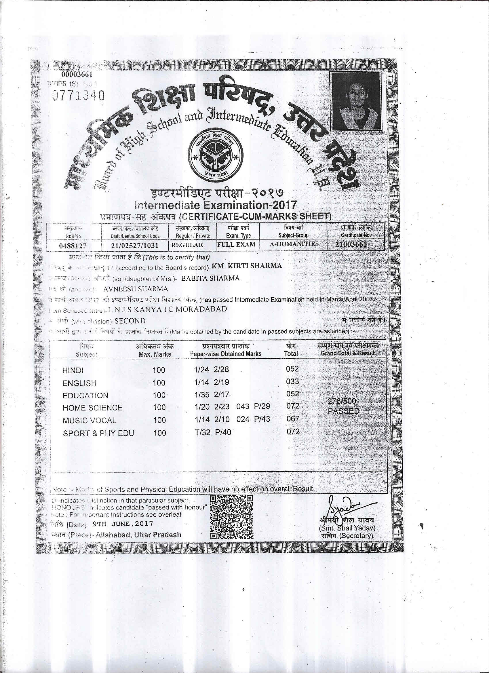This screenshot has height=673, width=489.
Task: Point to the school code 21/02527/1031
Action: (134, 246)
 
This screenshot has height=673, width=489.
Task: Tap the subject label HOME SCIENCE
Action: (92, 408)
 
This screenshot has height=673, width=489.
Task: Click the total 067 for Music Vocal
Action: (293, 419)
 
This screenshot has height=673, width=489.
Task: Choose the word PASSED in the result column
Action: (344, 411)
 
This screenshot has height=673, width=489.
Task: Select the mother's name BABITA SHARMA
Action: (210, 278)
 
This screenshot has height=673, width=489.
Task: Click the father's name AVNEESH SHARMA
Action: (136, 289)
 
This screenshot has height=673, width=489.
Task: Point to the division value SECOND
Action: (130, 321)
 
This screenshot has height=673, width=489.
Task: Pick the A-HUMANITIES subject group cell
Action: (294, 244)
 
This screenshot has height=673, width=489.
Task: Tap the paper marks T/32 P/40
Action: (213, 433)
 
